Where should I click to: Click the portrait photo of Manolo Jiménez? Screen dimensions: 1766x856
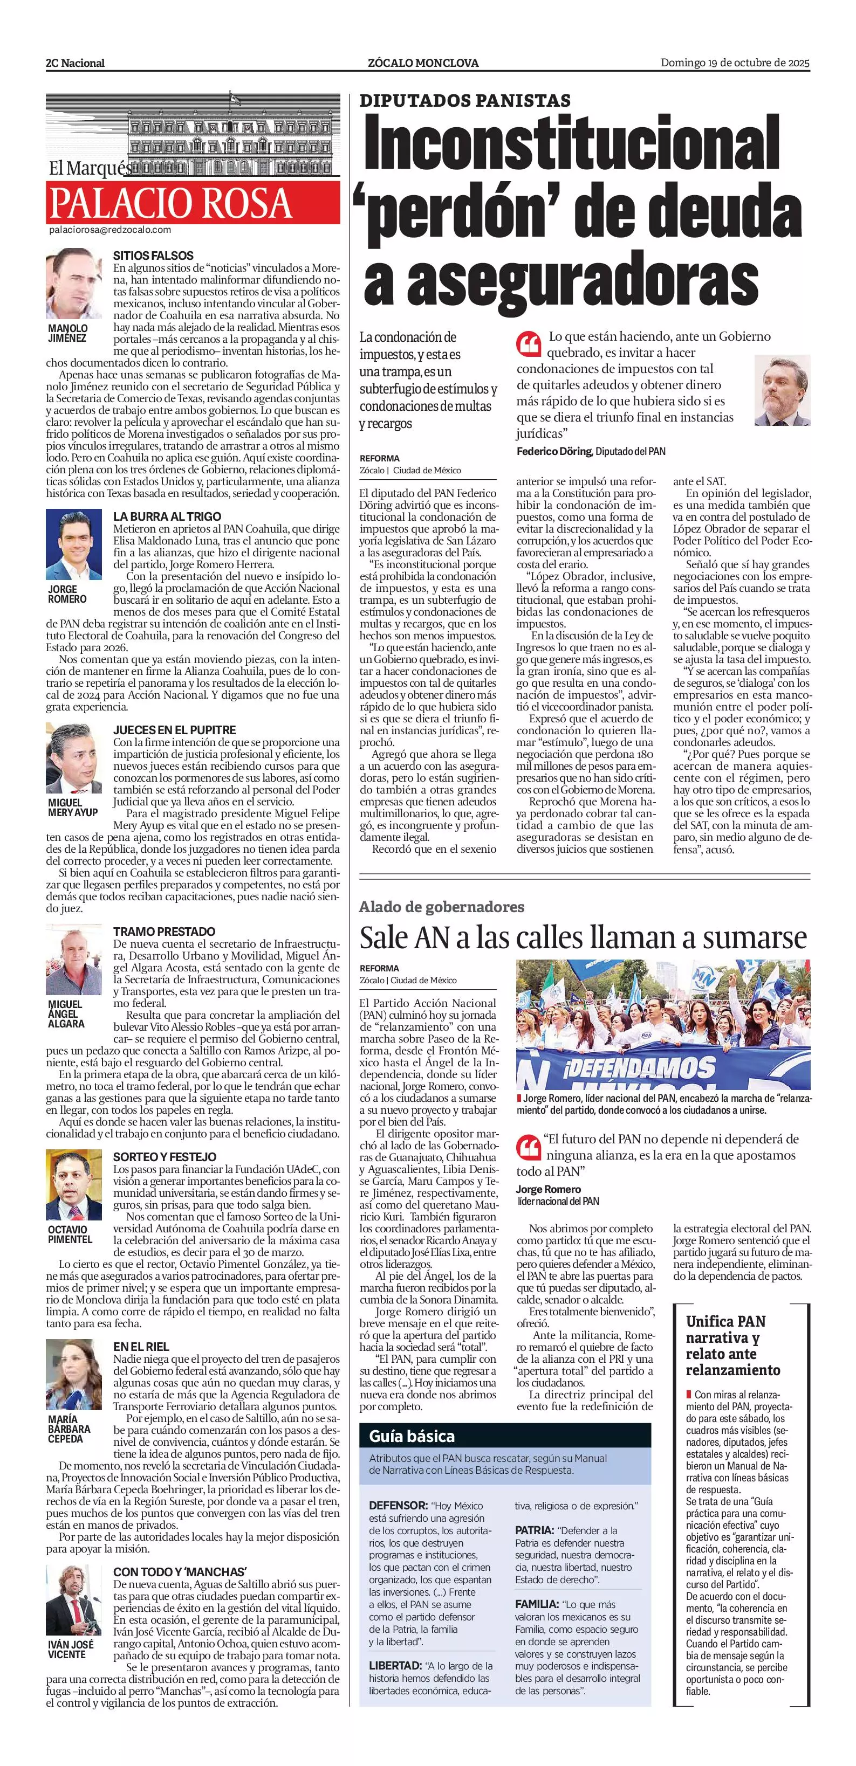pyautogui.click(x=74, y=284)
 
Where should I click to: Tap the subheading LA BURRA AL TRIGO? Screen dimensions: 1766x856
pyautogui.click(x=167, y=516)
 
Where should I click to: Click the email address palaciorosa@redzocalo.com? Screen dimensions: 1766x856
pyautogui.click(x=109, y=230)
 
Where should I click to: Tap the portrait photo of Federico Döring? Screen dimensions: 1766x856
pyautogui.click(x=782, y=390)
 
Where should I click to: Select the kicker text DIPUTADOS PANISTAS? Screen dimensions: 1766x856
pyautogui.click(x=465, y=101)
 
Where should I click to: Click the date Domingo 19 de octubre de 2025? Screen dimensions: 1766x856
pyautogui.click(x=735, y=63)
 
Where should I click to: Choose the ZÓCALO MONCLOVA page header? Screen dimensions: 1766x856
pyautogui.click(x=423, y=63)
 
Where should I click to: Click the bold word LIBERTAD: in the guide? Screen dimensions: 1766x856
pyautogui.click(x=395, y=1665)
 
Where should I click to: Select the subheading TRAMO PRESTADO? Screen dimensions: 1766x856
pyautogui.click(x=164, y=932)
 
